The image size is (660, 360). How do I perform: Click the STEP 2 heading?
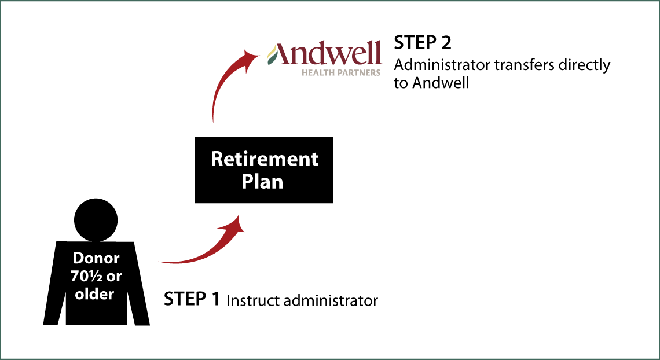[x=422, y=43]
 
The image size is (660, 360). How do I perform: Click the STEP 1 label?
[x=192, y=299]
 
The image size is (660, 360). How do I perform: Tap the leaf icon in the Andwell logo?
[x=272, y=55]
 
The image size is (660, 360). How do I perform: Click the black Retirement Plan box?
[x=264, y=170]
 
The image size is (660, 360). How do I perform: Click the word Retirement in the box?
[x=265, y=159]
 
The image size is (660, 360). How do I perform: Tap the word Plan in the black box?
[x=263, y=183]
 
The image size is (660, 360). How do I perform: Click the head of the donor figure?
[x=96, y=220]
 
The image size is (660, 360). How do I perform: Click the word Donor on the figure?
[x=96, y=258]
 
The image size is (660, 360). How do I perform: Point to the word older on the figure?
[x=94, y=294]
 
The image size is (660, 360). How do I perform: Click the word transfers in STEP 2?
[x=530, y=65]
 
